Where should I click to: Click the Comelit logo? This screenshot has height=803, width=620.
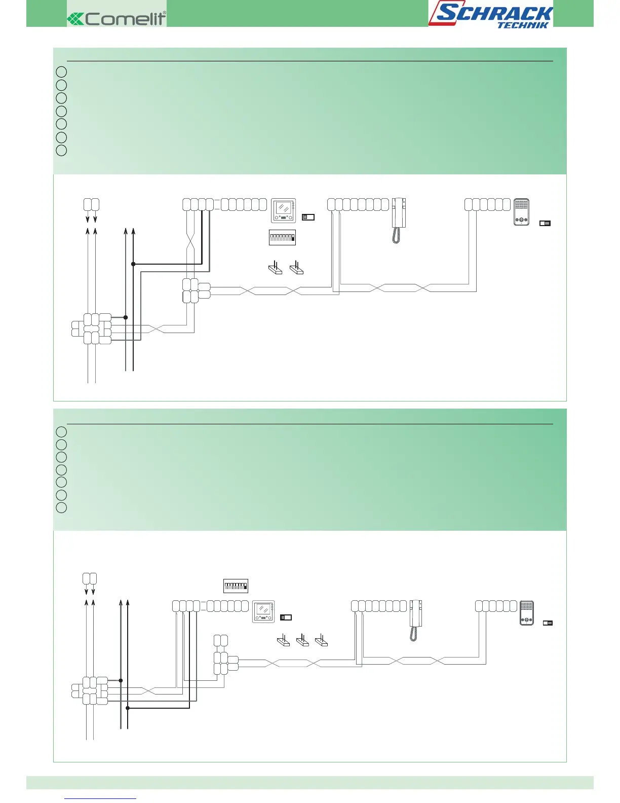click(x=117, y=19)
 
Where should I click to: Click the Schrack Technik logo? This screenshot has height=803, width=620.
click(x=490, y=15)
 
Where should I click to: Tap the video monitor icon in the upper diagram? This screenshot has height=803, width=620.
click(x=283, y=210)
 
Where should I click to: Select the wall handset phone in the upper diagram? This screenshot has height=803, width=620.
click(x=399, y=213)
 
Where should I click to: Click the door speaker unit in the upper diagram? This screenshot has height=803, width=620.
click(x=521, y=212)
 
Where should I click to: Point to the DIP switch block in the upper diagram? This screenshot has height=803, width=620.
click(x=282, y=237)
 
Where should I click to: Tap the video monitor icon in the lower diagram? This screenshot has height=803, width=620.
click(x=263, y=611)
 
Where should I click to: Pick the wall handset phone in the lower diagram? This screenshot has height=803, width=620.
click(x=416, y=613)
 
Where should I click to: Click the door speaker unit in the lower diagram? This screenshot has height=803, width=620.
click(x=526, y=612)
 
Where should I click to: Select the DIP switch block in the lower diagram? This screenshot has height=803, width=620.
click(x=236, y=586)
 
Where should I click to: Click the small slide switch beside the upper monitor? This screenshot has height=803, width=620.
click(x=308, y=217)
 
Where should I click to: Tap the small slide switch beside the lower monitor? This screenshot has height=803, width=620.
click(x=286, y=617)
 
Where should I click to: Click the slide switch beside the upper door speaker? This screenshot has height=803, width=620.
click(x=545, y=223)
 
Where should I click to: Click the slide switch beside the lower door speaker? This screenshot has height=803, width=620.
click(x=548, y=623)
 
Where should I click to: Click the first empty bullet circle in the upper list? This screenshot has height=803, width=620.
click(x=61, y=72)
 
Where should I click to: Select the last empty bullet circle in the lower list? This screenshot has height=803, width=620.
click(x=61, y=507)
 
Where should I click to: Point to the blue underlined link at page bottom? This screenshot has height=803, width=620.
click(x=100, y=798)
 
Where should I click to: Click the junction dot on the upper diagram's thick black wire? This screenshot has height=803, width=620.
click(x=133, y=264)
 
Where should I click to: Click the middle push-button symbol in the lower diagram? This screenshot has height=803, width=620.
click(x=302, y=641)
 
